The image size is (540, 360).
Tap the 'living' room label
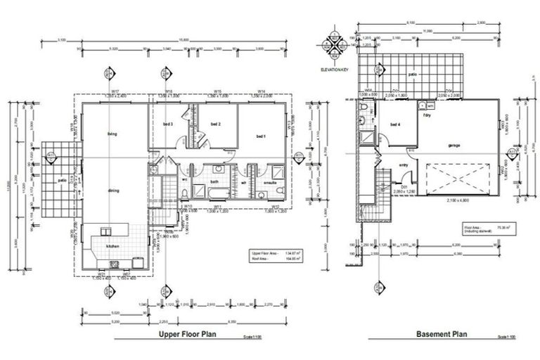pyautogui.click(x=111, y=134)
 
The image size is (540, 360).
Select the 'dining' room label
pyautogui.click(x=112, y=191)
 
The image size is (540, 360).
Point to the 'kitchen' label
pyautogui.click(x=112, y=246)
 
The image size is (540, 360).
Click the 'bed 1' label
pyautogui.click(x=261, y=136)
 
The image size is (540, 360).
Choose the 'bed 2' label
pyautogui.click(x=217, y=124)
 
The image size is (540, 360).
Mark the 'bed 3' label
pyautogui.click(x=167, y=124)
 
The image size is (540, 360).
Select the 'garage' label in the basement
pyautogui.click(x=453, y=146)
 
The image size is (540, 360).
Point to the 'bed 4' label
pyautogui.click(x=394, y=125)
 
